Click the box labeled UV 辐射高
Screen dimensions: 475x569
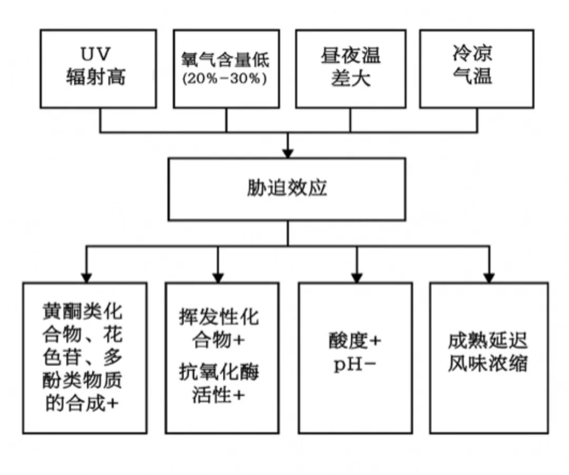click(x=98, y=69)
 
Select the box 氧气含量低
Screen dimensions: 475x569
click(x=226, y=69)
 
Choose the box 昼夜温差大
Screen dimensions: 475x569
click(x=350, y=69)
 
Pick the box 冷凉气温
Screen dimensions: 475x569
click(x=476, y=69)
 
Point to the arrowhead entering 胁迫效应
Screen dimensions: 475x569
click(x=287, y=152)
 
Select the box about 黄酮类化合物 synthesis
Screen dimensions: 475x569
click(x=84, y=358)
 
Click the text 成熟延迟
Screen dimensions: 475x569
click(x=488, y=341)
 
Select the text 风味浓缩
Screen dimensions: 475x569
click(x=488, y=364)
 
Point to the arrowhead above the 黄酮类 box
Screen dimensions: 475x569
click(x=87, y=277)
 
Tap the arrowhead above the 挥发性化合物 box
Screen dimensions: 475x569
click(x=219, y=277)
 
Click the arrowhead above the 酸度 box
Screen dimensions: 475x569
click(x=357, y=277)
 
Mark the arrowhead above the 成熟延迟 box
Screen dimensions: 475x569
click(x=489, y=277)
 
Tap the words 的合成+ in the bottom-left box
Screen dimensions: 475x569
click(x=82, y=403)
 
